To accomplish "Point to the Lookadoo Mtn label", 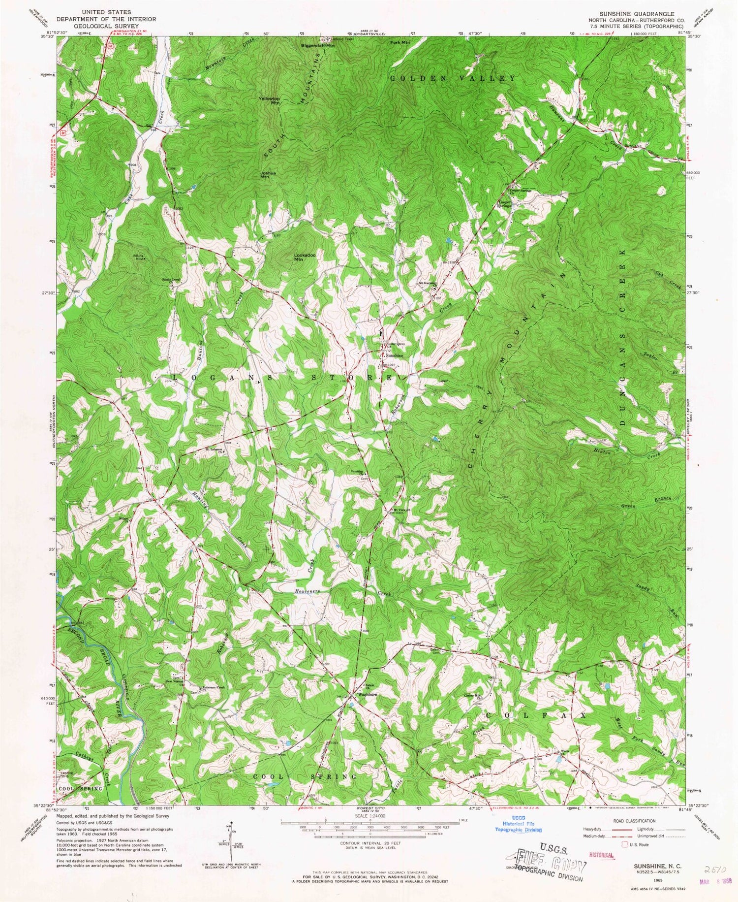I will pyautogui.click(x=305, y=257).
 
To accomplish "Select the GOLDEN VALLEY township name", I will pyautogui.click(x=453, y=78).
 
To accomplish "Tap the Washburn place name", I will pyautogui.click(x=368, y=695).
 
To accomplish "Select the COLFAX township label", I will pyautogui.click(x=536, y=714).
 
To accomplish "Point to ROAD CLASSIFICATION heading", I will pyautogui.click(x=631, y=821).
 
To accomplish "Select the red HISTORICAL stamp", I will pyautogui.click(x=598, y=855).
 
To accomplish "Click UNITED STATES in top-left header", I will pyautogui.click(x=106, y=11).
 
